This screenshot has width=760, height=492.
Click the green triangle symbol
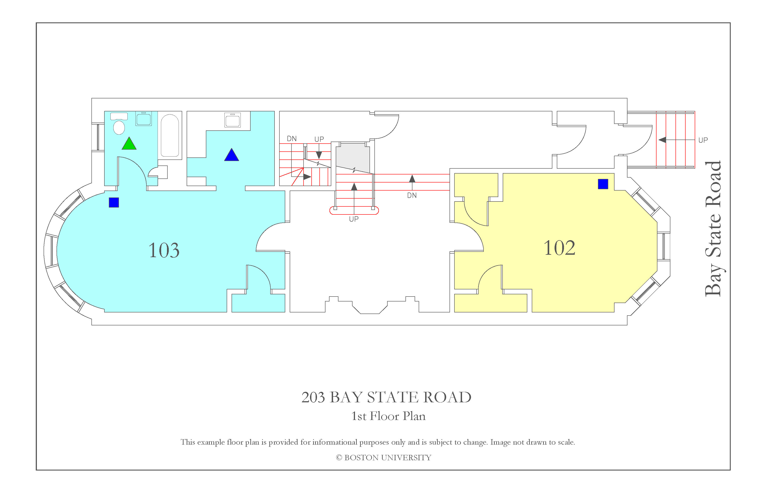tap(129, 144)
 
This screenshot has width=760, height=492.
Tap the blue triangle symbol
tap(232, 155)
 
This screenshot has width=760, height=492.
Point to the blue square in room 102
tap(603, 184)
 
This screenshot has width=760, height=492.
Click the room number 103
tap(164, 250)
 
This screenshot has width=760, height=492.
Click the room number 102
tap(559, 248)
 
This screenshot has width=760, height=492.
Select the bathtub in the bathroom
tap(170, 136)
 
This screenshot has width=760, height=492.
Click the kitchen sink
tap(232, 120)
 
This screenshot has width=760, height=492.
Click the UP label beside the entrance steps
tap(703, 140)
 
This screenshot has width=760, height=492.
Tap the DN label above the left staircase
tap(291, 139)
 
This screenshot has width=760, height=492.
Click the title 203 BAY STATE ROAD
tap(386, 397)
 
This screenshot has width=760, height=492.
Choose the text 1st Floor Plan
tap(388, 416)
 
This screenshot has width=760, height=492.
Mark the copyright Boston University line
tap(384, 458)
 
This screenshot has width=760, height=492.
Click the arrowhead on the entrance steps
tap(662, 140)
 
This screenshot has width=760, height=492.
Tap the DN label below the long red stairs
tap(412, 195)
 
